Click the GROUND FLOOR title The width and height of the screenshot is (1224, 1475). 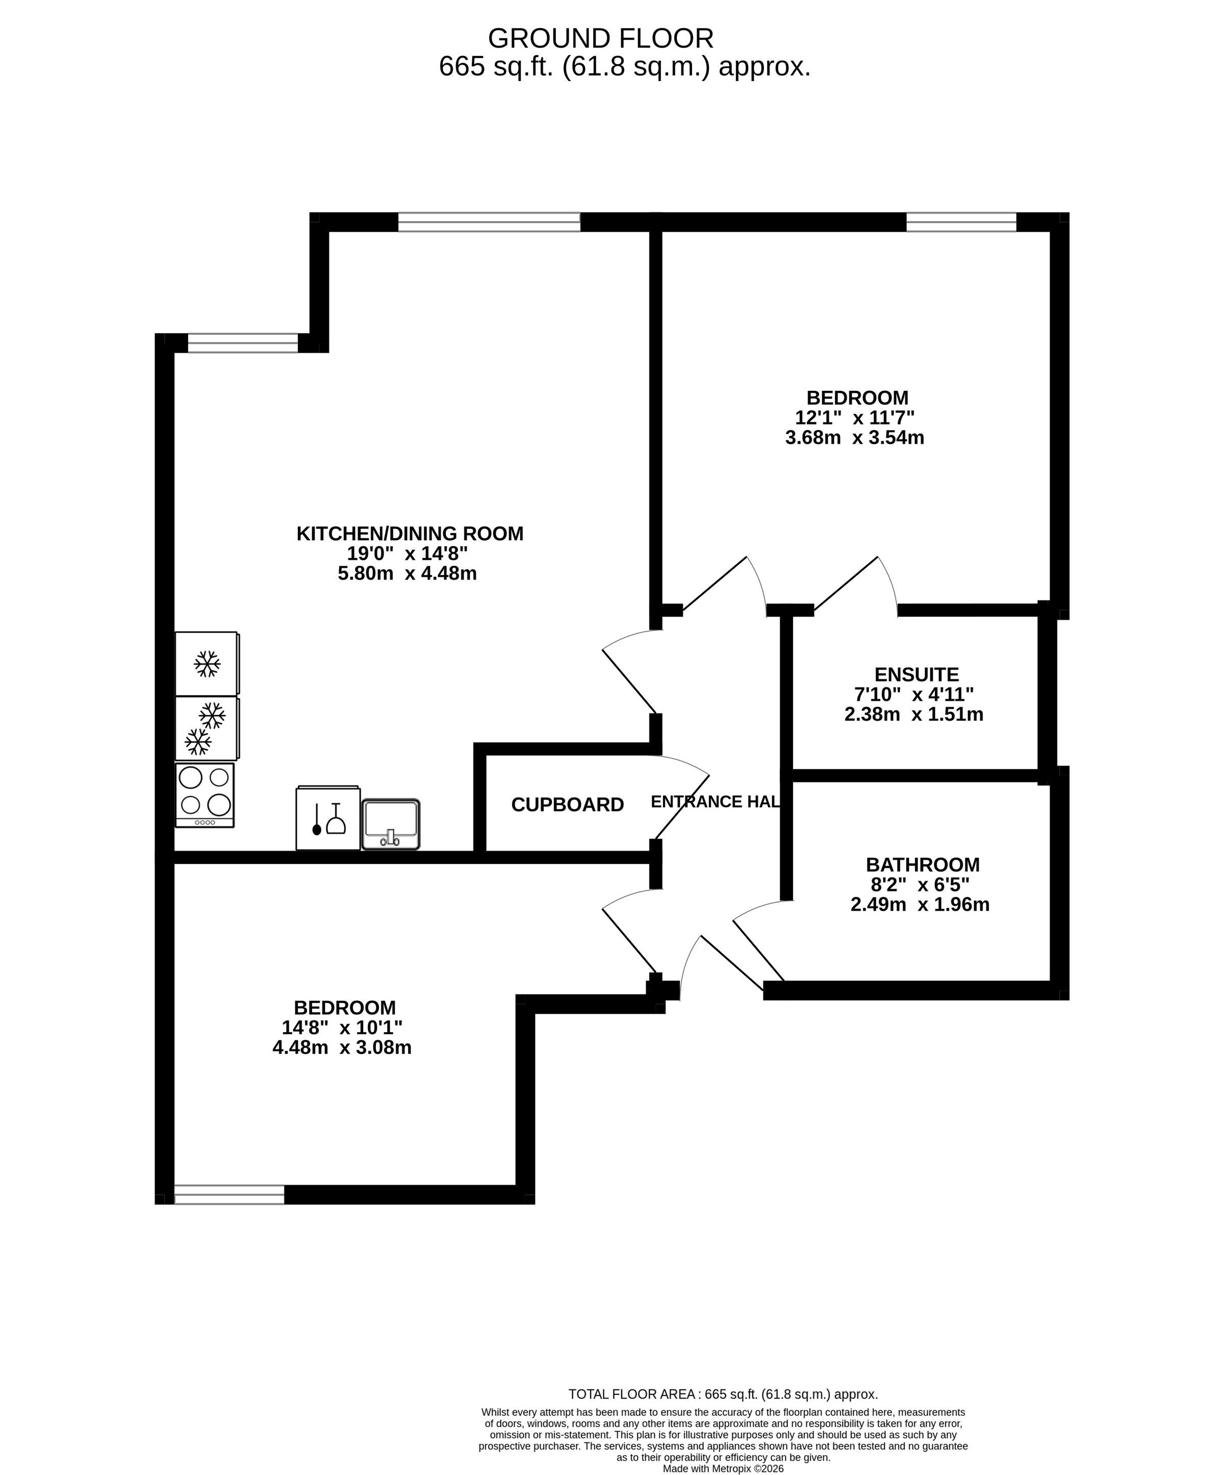[x=601, y=37]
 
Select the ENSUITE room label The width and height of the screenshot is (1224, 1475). [x=916, y=675]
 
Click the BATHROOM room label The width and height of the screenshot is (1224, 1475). [x=922, y=864]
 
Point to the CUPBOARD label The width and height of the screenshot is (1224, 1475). [x=567, y=805]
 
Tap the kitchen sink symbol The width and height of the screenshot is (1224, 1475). [x=391, y=825]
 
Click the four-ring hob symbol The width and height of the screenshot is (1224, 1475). [x=205, y=795]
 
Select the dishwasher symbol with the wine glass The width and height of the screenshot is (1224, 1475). [x=328, y=818]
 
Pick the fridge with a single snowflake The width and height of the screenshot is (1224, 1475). [x=207, y=664]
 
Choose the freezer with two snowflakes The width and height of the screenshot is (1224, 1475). [x=207, y=728]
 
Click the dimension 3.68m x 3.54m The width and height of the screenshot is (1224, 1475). [x=854, y=438]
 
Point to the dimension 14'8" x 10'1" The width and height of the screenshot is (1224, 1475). [x=342, y=1028]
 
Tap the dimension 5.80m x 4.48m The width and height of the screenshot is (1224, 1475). [x=407, y=574]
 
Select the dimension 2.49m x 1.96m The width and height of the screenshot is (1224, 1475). [x=920, y=905]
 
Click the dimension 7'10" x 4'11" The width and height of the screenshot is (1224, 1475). [x=913, y=695]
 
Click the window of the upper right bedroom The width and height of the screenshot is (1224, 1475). [x=961, y=222]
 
